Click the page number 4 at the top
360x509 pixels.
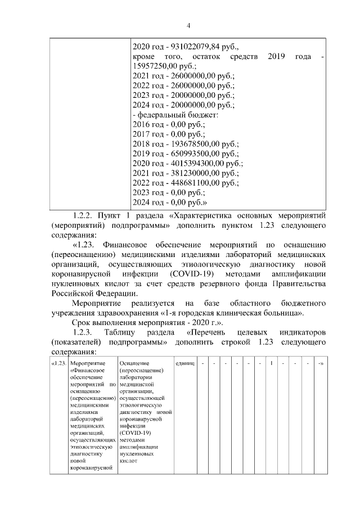click(x=189, y=25)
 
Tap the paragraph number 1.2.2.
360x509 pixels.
click(x=83, y=215)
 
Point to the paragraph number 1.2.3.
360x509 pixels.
click(x=83, y=332)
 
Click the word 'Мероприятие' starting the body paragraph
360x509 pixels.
click(x=97, y=303)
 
